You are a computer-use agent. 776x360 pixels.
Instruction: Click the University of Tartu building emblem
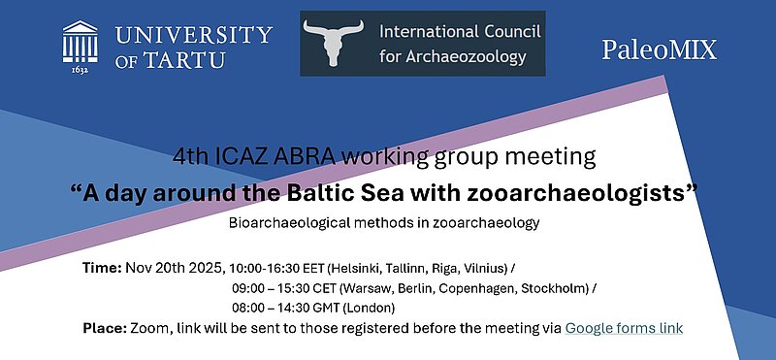81,41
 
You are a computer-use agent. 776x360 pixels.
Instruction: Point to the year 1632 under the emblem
81,71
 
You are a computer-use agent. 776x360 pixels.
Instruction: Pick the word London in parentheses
400,309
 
